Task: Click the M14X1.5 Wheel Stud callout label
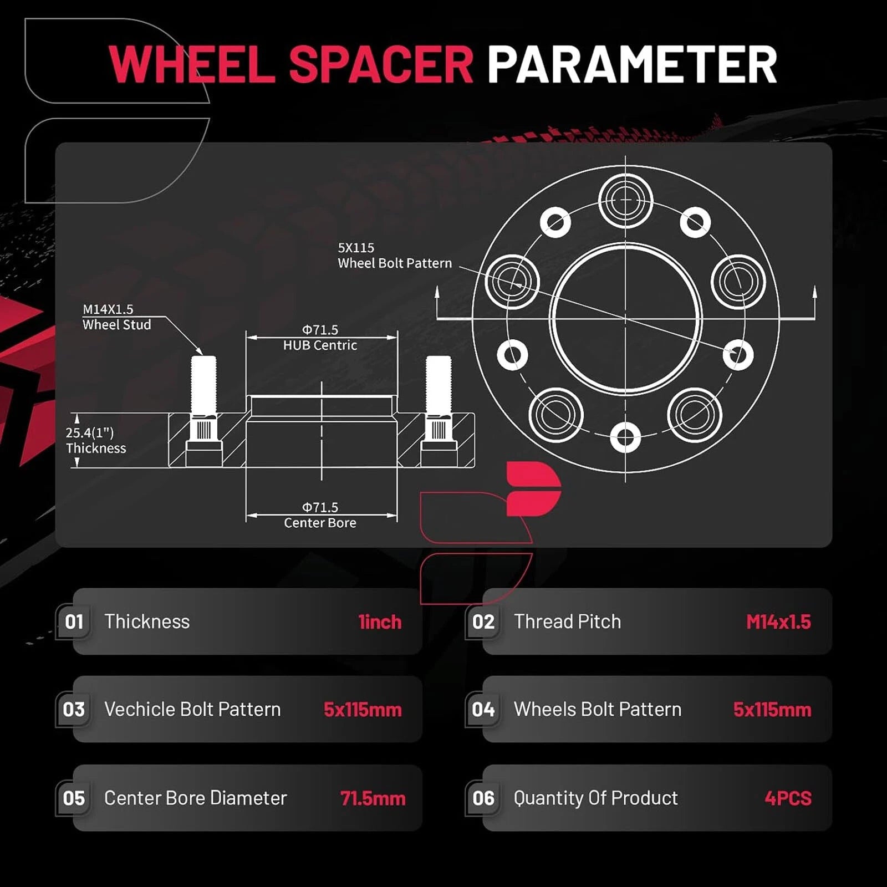(x=116, y=317)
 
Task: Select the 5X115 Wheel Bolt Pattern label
(x=395, y=256)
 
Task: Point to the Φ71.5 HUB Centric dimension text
(x=320, y=338)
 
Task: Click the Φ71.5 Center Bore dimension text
(x=320, y=515)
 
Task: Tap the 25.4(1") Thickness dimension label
(x=96, y=441)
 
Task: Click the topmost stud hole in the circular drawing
(x=625, y=200)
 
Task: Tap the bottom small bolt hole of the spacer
(x=625, y=437)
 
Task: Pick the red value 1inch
(x=380, y=622)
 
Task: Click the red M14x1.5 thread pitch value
(x=778, y=622)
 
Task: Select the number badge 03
(x=74, y=710)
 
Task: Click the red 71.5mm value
(x=373, y=798)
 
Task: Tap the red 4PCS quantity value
(x=788, y=798)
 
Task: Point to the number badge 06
(x=483, y=798)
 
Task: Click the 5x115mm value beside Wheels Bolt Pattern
(x=772, y=710)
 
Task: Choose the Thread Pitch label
(x=567, y=621)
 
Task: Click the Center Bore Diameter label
(x=196, y=798)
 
